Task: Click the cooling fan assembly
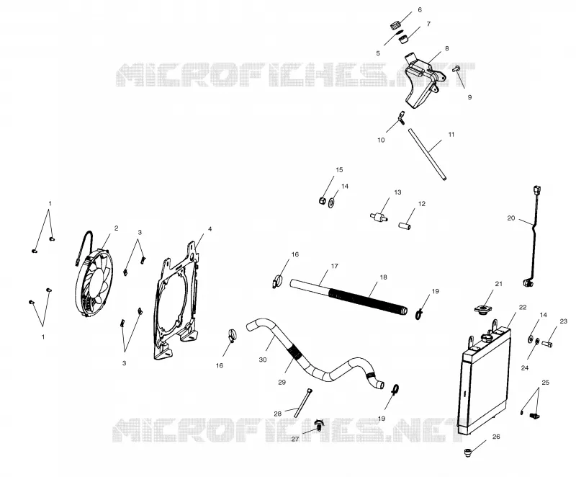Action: pos(94,281)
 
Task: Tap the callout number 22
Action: pos(523,307)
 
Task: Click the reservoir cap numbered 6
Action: pos(395,26)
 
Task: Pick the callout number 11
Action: pos(451,135)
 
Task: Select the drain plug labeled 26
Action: pos(468,452)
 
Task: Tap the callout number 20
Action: pos(511,218)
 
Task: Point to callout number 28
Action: pos(278,414)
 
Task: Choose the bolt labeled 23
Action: pos(547,344)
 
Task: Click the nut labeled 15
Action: pos(322,200)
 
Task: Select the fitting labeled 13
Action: pos(379,216)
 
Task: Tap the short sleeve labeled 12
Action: pos(405,225)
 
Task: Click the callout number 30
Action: pos(263,360)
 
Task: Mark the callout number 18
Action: pos(383,277)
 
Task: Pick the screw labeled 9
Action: pos(457,68)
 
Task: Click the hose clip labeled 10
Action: pos(401,117)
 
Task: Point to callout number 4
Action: pos(210,229)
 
